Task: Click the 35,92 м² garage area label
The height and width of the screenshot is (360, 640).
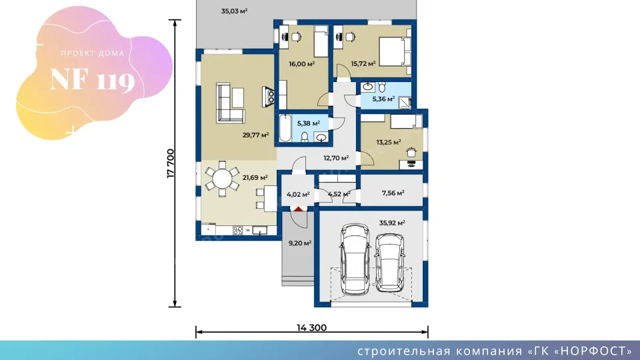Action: (x=392, y=223)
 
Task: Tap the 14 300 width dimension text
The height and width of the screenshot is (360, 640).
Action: (x=311, y=327)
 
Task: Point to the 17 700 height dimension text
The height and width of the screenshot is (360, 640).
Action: (x=171, y=163)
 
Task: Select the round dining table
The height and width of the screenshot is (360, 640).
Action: (x=222, y=179)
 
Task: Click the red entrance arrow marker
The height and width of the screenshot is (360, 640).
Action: (x=299, y=209)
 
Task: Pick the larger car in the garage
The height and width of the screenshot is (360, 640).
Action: (x=355, y=259)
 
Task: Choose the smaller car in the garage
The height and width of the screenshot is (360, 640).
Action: (x=390, y=263)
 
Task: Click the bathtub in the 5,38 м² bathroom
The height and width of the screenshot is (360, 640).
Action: (x=285, y=128)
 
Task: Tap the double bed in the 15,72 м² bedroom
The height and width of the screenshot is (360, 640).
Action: (x=395, y=51)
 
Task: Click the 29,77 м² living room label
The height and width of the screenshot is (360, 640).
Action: (x=255, y=135)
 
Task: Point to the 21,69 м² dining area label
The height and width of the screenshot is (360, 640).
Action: (x=255, y=177)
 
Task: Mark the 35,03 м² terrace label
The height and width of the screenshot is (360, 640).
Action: (x=234, y=11)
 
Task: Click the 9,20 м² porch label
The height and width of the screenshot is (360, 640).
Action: (x=300, y=243)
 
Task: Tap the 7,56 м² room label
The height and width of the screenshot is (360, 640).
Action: (x=393, y=193)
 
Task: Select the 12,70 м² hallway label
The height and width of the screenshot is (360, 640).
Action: (x=336, y=158)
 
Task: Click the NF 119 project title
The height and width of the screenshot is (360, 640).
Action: (x=92, y=80)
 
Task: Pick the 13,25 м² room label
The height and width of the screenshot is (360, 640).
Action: (x=388, y=142)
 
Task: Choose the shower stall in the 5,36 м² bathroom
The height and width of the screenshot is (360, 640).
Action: (x=405, y=102)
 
